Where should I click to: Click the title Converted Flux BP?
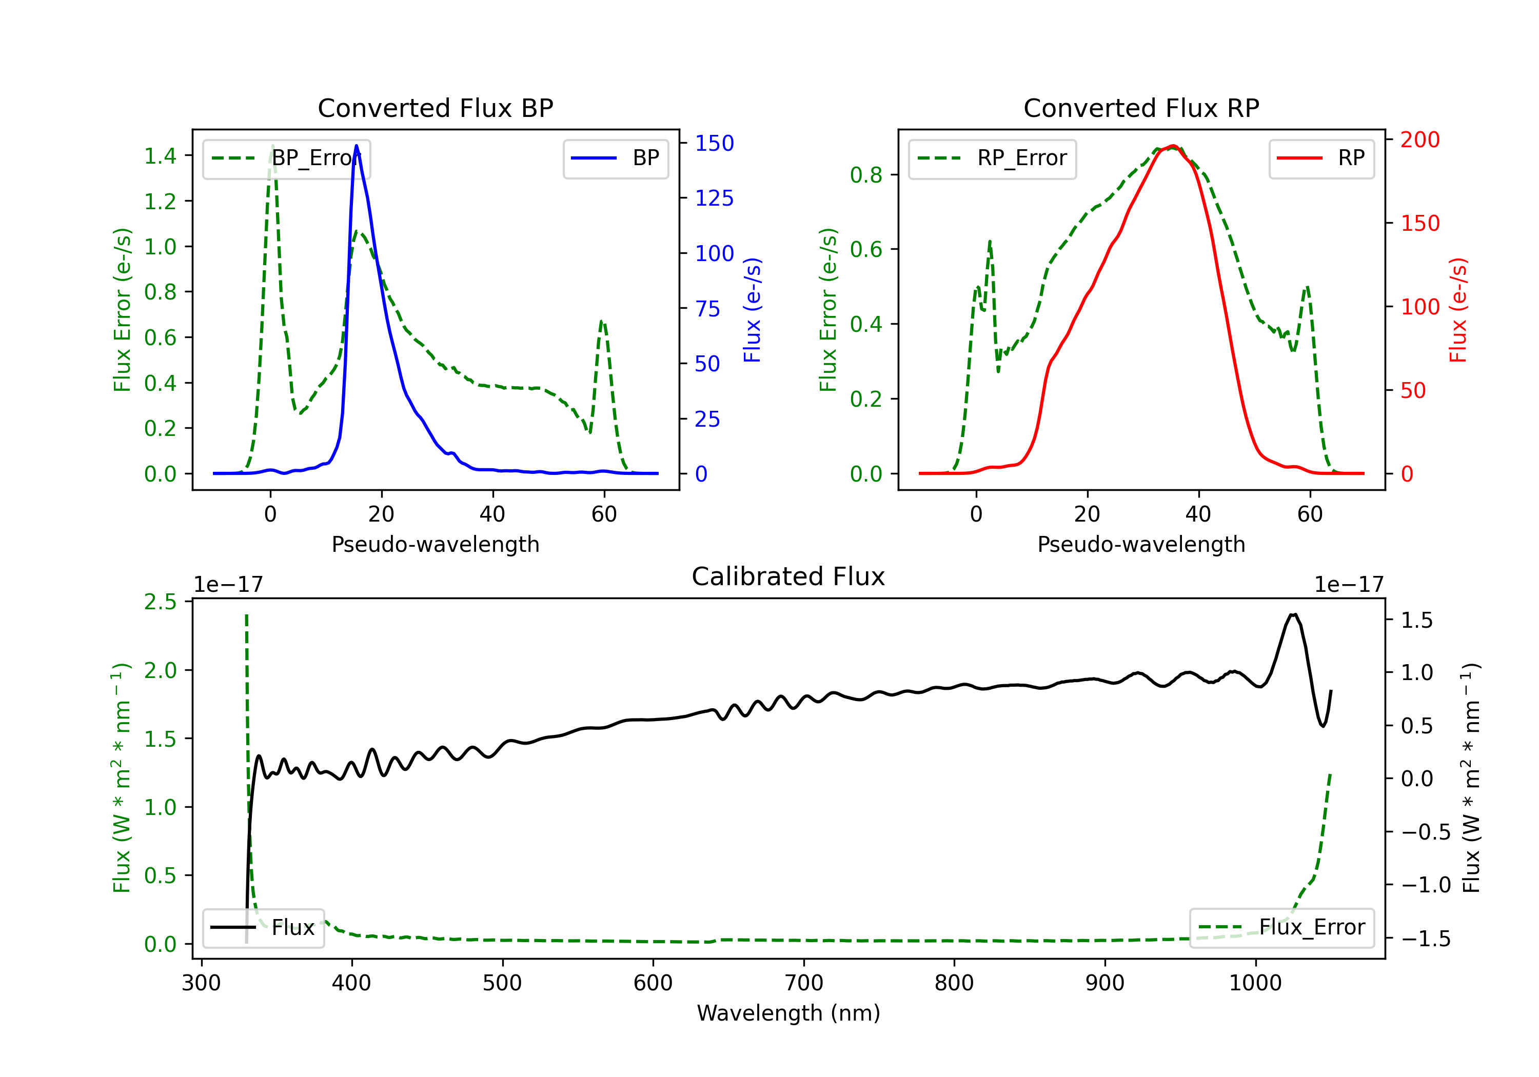pos(435,108)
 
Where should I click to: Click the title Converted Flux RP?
pos(1141,108)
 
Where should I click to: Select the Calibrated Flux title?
pos(788,576)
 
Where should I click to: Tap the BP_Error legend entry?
pos(286,158)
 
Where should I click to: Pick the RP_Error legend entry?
pos(992,158)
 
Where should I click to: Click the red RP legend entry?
pos(1321,158)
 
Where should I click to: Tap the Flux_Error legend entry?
pos(1281,928)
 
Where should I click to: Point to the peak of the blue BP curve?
pos(357,146)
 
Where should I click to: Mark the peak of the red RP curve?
pos(1172,146)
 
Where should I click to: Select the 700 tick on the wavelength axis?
pos(804,983)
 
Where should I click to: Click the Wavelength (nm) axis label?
pos(788,1013)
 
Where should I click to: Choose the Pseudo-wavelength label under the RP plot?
pos(1141,544)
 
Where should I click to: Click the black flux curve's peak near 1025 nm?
pos(1293,614)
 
